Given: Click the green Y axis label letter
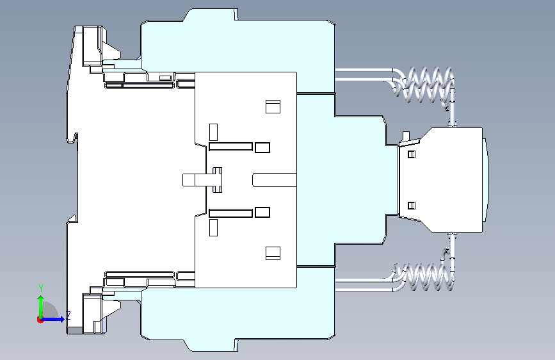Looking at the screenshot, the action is point(41,288).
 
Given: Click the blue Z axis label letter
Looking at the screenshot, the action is point(68,315).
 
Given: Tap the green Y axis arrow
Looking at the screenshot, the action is point(41,306).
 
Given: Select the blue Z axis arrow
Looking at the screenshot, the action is point(52,319).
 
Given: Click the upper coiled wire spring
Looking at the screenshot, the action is point(423,85).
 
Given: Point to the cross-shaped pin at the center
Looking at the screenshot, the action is point(218,180).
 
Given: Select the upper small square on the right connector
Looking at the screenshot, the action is point(412,154).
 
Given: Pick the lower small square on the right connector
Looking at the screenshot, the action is point(412,206).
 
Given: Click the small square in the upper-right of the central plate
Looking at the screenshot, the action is point(273,106).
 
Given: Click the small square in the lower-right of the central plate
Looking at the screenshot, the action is point(273,254).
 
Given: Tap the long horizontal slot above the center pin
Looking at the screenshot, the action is point(231,147).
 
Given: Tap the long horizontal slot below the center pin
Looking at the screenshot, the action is point(231,213).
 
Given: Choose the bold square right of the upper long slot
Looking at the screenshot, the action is point(262,147).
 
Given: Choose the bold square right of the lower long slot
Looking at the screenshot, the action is point(262,212).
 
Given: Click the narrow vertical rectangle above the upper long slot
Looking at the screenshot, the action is point(213,132).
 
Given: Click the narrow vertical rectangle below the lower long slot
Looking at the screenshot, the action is point(213,228).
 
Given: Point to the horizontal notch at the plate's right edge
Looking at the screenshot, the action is point(275,180).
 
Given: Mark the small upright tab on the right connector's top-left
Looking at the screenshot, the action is point(406,136).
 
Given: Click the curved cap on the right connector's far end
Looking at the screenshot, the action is point(486,180).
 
